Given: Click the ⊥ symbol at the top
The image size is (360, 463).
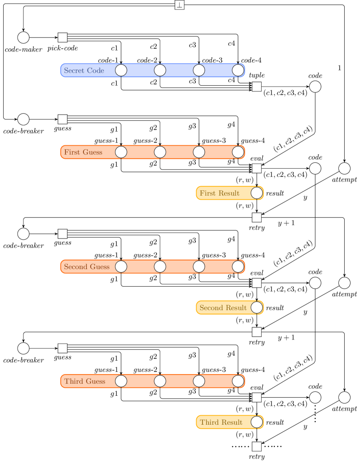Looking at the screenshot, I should click(180, 5).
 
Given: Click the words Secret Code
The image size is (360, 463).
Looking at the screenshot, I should click(84, 70).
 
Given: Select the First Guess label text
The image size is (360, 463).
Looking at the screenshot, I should click(83, 152).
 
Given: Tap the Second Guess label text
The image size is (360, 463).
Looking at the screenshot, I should click(87, 267).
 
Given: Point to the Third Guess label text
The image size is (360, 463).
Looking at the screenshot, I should click(84, 381).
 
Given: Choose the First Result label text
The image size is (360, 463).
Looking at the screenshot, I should click(220, 193).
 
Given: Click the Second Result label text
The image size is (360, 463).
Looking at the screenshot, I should click(223, 308).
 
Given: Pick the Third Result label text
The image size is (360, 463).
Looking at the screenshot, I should click(221, 422).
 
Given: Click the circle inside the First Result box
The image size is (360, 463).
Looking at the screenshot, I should click(257, 193).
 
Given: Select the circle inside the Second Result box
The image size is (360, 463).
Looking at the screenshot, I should click(257, 307).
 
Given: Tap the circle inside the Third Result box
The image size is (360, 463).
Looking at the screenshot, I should click(257, 422).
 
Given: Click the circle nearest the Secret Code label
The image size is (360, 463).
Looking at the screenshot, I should click(121, 70).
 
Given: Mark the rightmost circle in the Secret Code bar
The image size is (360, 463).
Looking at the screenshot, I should click(238, 70).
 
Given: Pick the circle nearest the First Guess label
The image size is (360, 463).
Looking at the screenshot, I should click(121, 152).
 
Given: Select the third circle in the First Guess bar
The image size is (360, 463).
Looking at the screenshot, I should click(199, 152).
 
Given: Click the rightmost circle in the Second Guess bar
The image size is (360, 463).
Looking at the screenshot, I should click(238, 267).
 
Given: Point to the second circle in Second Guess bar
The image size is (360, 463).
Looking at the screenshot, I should click(160, 267).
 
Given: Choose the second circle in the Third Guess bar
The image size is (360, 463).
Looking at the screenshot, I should click(160, 381).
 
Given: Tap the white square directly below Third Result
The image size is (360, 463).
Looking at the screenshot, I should click(257, 447).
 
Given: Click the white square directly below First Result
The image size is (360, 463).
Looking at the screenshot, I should click(257, 218).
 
